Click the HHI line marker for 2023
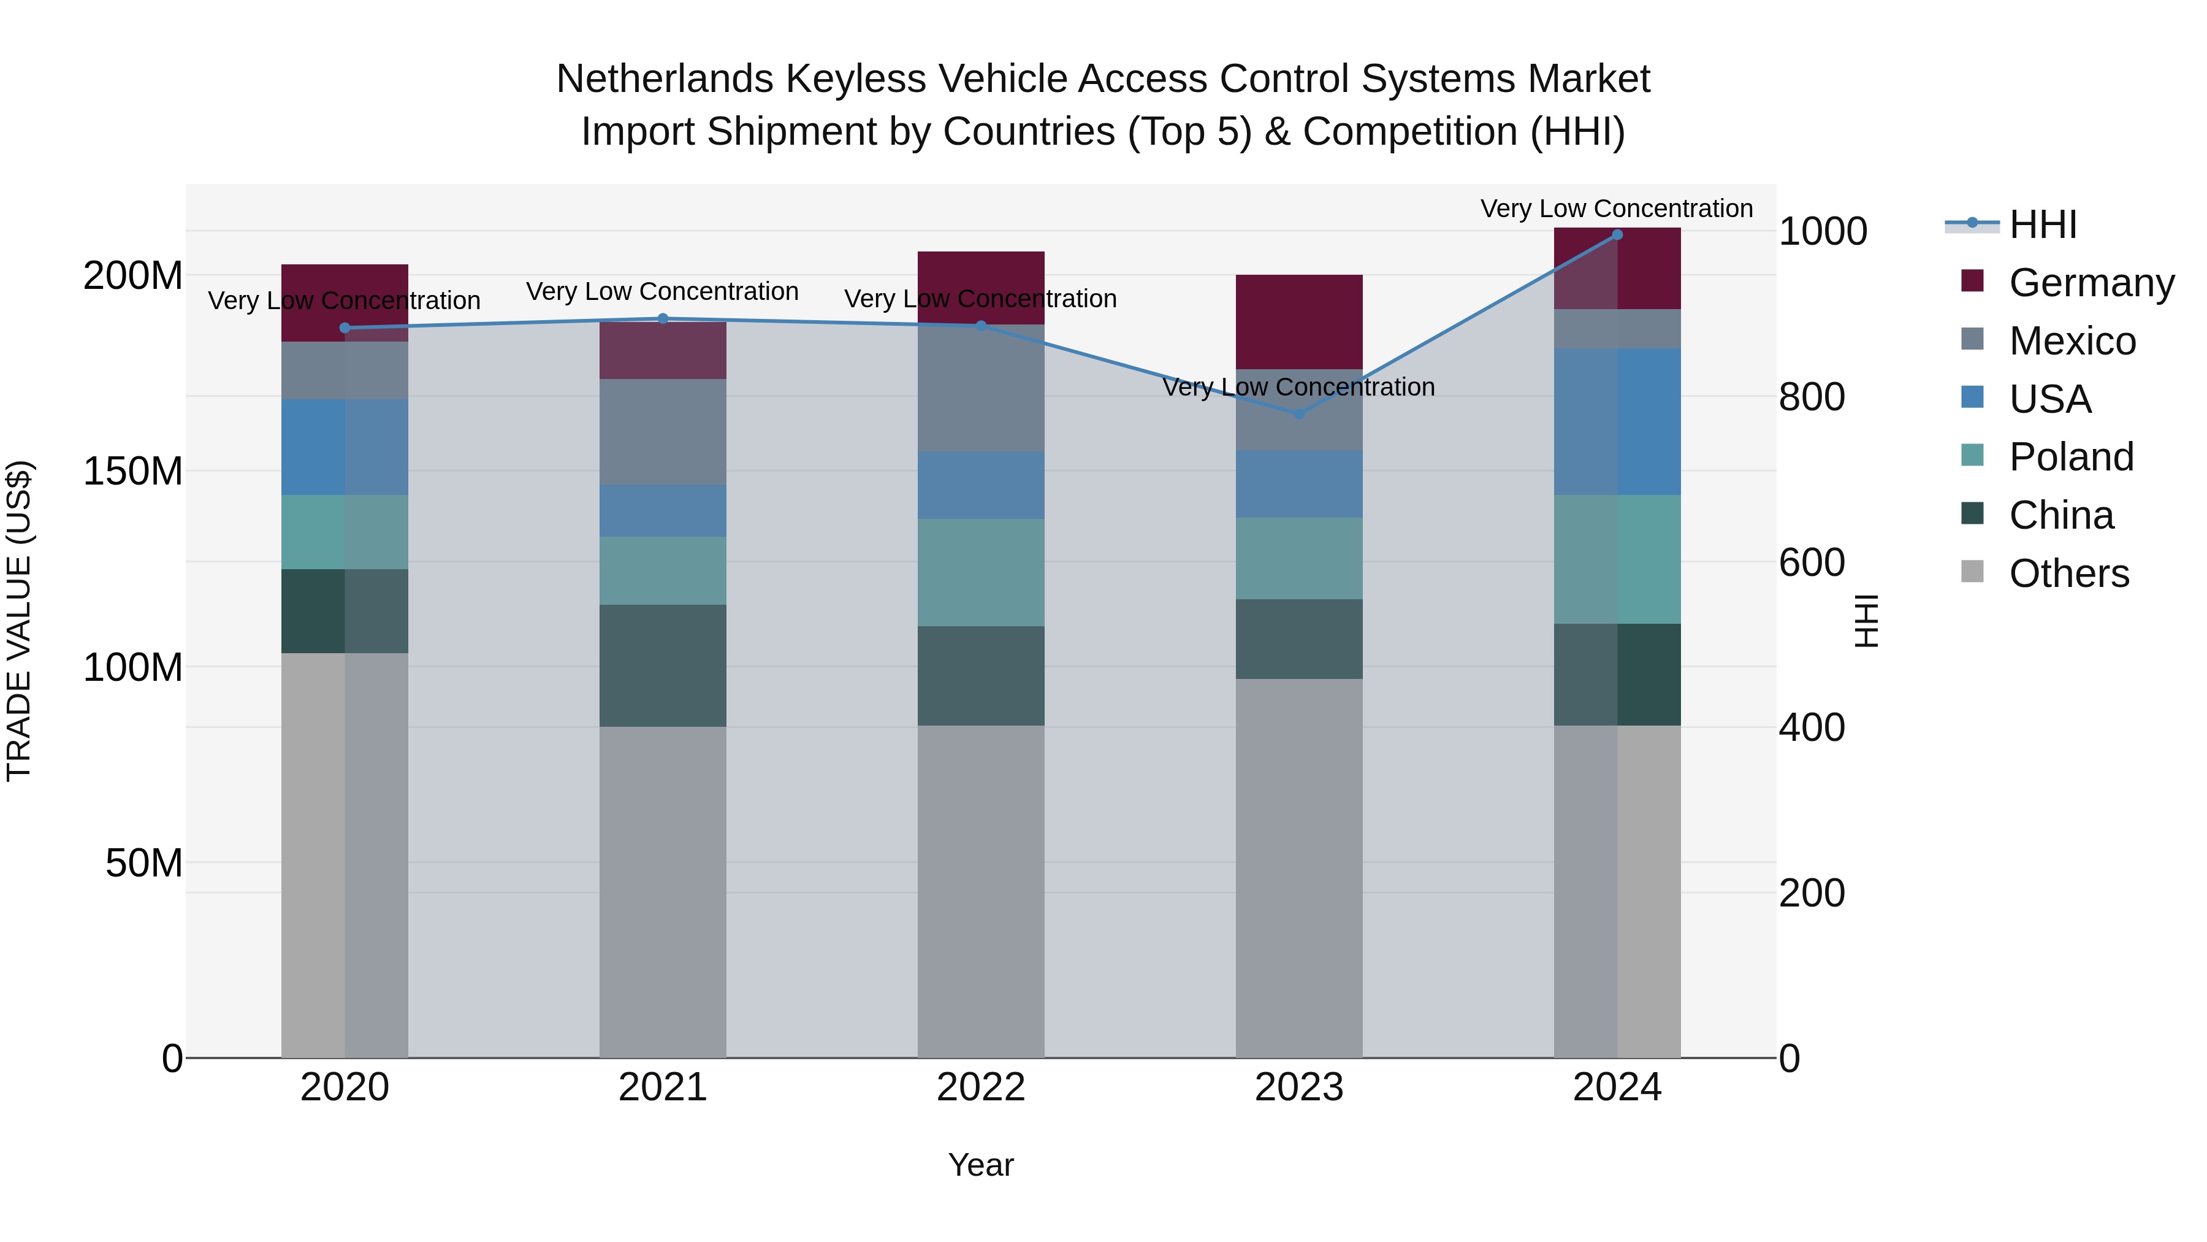point(1299,413)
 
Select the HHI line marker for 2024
point(1617,235)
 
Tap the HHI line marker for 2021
point(662,319)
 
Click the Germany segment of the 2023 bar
point(1299,321)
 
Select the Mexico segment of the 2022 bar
point(981,388)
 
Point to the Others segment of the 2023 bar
point(1299,867)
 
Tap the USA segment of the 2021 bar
point(662,510)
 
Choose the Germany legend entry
point(2091,283)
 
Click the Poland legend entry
point(2071,457)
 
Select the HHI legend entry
point(2043,224)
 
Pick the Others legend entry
point(2068,573)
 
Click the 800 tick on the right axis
point(1811,397)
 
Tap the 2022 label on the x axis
point(981,1087)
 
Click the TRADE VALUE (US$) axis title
point(19,621)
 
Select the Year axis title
point(981,1165)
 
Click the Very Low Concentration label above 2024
point(1617,209)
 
